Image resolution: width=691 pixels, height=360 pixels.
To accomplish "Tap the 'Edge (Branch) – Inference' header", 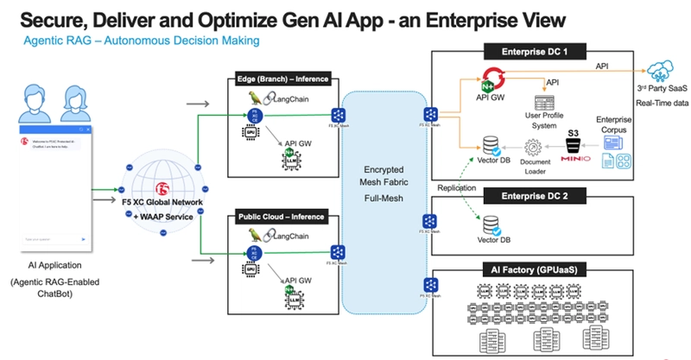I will point(282,79).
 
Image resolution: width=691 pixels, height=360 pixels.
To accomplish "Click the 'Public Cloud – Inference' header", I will point(282,217).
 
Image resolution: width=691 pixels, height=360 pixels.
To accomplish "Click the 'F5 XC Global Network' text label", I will point(162,203).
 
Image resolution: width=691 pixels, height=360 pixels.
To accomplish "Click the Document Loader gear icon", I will point(533,148).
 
